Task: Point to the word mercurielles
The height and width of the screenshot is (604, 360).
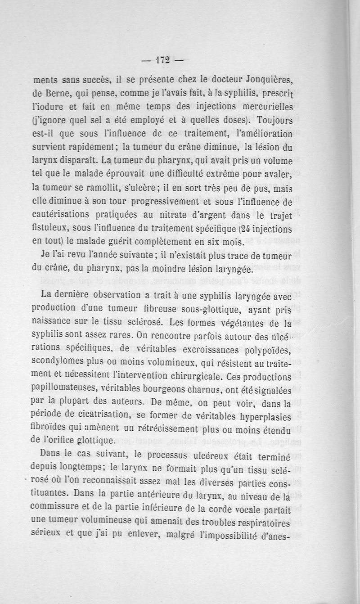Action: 261,107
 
